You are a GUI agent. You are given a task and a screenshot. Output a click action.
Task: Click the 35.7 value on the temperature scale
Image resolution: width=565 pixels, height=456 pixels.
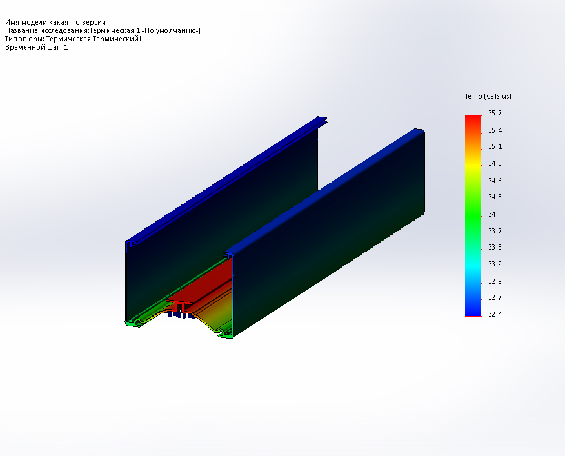tap(495, 113)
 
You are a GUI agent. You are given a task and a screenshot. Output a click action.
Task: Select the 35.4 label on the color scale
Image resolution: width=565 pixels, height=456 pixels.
tap(495, 130)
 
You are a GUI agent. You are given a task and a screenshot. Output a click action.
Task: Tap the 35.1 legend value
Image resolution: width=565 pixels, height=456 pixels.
tap(495, 146)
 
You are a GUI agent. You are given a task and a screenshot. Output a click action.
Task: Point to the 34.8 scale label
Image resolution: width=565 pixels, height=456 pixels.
tap(495, 164)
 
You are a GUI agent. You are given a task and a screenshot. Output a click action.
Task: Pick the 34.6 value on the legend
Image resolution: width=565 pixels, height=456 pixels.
tap(495, 181)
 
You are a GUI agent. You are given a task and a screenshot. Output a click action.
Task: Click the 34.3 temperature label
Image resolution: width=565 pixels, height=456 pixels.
tap(495, 197)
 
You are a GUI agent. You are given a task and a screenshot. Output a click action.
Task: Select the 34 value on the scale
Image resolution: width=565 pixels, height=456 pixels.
tap(492, 215)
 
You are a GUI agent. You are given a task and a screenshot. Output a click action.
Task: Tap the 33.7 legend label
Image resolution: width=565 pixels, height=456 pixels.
tap(495, 231)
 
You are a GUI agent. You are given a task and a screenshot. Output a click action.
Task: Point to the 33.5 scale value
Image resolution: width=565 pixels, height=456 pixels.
tap(495, 247)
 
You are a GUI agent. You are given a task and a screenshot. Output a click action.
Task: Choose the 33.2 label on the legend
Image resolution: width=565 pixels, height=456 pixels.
tap(495, 264)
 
